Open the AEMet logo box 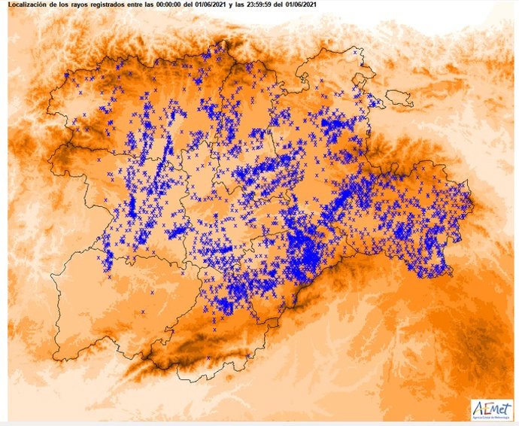[491, 409]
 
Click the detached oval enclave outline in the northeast [399, 99]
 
